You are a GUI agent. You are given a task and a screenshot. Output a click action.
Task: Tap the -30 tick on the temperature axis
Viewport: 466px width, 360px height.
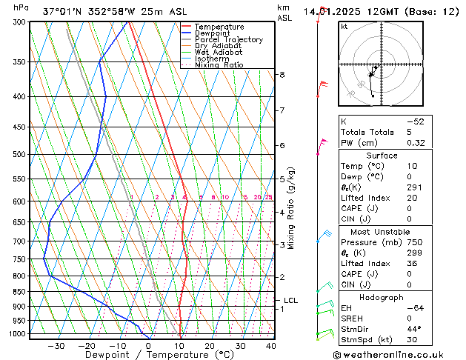pyautogui.click(x=56, y=345)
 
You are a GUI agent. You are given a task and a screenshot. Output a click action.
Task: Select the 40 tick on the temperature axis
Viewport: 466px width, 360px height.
pyautogui.click(x=270, y=345)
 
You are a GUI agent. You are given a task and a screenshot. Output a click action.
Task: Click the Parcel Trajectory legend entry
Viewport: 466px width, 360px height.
pyautogui.click(x=228, y=40)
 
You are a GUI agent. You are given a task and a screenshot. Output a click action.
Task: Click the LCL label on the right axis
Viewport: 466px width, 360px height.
pyautogui.click(x=290, y=301)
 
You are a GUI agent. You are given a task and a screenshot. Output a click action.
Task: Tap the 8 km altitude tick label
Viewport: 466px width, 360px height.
pyautogui.click(x=282, y=75)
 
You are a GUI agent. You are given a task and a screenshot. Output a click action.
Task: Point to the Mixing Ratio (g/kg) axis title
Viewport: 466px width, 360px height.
pyautogui.click(x=292, y=208)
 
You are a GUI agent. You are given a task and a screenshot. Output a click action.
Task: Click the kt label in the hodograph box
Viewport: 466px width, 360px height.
pyautogui.click(x=344, y=27)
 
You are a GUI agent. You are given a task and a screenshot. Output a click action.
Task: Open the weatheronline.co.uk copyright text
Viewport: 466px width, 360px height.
pyautogui.click(x=399, y=354)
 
